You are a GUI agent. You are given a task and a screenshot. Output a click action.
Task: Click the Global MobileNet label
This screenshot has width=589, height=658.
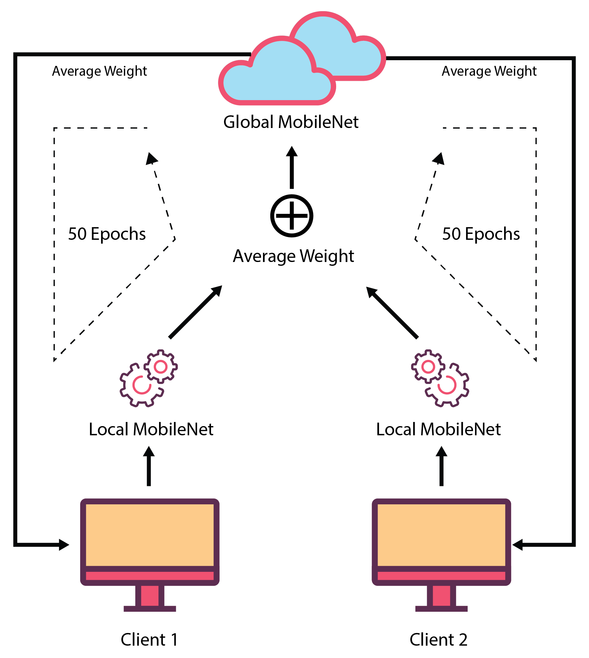coord(291,122)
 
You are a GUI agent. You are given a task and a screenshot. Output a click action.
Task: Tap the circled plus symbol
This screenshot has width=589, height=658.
coord(291,216)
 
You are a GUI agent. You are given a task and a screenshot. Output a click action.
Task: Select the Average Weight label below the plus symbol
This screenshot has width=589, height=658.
coord(293,256)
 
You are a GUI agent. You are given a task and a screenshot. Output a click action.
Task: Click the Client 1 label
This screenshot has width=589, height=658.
coord(149,640)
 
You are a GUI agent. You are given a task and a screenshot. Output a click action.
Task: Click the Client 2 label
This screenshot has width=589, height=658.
coord(439,640)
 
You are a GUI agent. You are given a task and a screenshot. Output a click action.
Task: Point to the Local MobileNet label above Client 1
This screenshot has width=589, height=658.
coord(151,430)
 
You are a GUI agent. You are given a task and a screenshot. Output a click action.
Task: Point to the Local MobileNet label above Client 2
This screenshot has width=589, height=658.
coord(439,430)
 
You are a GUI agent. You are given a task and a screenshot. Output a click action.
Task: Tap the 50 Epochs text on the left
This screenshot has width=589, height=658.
coord(107,234)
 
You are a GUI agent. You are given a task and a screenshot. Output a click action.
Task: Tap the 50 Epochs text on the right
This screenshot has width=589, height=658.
coord(481,234)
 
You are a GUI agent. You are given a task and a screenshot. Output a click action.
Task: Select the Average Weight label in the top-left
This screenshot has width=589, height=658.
coord(99,71)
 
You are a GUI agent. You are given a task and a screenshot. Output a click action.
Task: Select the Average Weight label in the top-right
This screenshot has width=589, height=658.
coord(489,71)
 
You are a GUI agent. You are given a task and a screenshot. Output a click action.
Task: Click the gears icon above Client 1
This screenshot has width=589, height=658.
coord(149,378)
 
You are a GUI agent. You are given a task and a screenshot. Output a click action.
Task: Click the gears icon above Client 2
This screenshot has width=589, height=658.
coord(440,378)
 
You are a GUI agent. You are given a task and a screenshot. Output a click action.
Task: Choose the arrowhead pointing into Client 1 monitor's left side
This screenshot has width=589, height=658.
coord(64,545)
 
